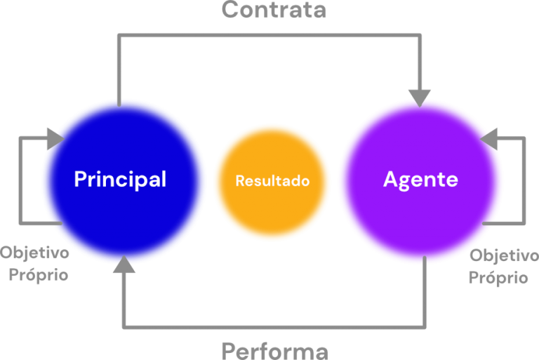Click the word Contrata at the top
coord(274,10)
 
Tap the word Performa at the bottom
coord(274,349)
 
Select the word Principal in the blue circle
coord(120,179)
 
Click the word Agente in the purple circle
coord(420,179)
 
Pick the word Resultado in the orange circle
coord(272,180)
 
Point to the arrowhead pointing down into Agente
coord(420,98)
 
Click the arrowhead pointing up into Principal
coord(124,265)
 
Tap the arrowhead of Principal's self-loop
coord(55,138)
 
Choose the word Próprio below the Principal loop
coord(39,274)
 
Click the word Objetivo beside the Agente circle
coord(504,255)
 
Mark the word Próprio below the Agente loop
coord(498,278)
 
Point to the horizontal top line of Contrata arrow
coord(270,34)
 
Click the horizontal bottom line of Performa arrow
coord(274,326)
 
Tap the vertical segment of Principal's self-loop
coord(21,181)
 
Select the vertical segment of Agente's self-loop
coord(524,181)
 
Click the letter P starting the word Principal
coord(80,179)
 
